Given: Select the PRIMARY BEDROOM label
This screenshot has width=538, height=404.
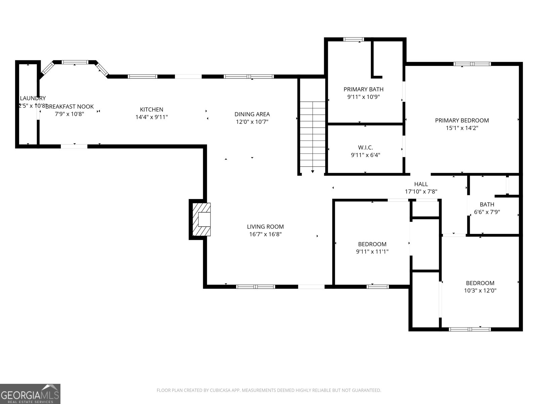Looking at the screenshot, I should click(462, 121).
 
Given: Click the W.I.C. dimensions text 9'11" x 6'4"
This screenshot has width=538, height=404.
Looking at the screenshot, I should click(365, 155).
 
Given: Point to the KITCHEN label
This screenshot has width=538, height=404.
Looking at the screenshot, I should click(152, 109).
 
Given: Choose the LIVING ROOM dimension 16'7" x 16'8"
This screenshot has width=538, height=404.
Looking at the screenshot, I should click(265, 234).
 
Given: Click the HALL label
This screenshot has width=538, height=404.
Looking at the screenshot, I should click(421, 184).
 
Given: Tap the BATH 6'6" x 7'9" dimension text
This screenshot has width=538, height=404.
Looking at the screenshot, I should click(487, 212).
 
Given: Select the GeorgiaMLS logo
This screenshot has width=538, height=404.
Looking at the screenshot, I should click(30, 394).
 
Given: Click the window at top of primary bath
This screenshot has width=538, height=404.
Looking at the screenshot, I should click(353, 39).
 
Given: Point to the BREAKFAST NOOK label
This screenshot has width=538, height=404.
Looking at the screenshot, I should click(70, 107).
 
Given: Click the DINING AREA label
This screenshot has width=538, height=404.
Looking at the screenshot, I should click(252, 114).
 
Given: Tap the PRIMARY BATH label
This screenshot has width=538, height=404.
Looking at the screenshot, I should click(363, 89).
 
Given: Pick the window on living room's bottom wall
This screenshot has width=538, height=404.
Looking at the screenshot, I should click(256, 287).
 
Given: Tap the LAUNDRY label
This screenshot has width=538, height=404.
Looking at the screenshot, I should click(33, 98).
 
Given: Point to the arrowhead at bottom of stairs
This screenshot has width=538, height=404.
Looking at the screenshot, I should click(313, 172).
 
